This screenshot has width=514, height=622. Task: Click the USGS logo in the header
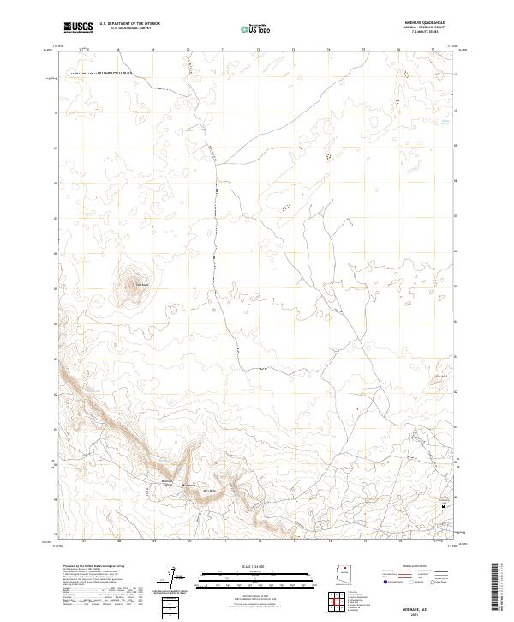pos(79,27)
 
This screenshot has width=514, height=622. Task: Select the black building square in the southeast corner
pos(443,506)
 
